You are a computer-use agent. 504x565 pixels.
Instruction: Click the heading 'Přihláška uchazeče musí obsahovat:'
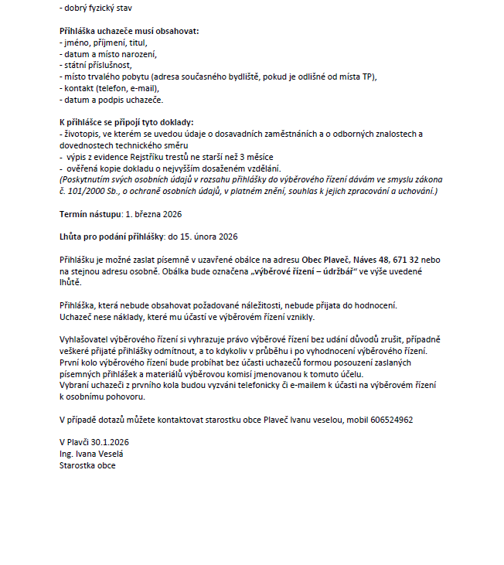tap(129, 31)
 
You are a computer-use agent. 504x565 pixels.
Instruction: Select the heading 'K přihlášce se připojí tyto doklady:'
tap(126, 123)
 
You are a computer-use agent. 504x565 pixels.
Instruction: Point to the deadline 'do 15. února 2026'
tap(208, 236)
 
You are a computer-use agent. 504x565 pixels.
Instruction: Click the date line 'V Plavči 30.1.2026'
tap(94, 443)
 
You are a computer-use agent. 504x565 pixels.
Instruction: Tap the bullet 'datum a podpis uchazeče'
tap(114, 100)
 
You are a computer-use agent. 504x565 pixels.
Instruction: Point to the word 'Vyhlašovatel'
tap(85, 339)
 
